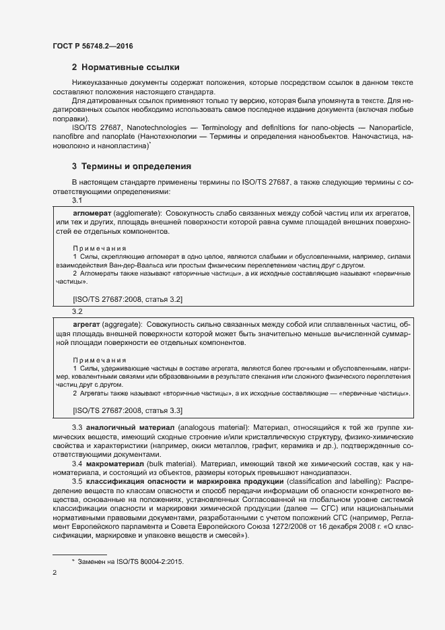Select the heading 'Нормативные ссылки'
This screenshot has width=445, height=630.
click(130, 67)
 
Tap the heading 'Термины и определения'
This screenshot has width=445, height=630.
click(136, 166)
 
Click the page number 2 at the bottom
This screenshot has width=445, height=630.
click(54, 573)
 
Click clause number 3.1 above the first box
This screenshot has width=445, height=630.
click(77, 201)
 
